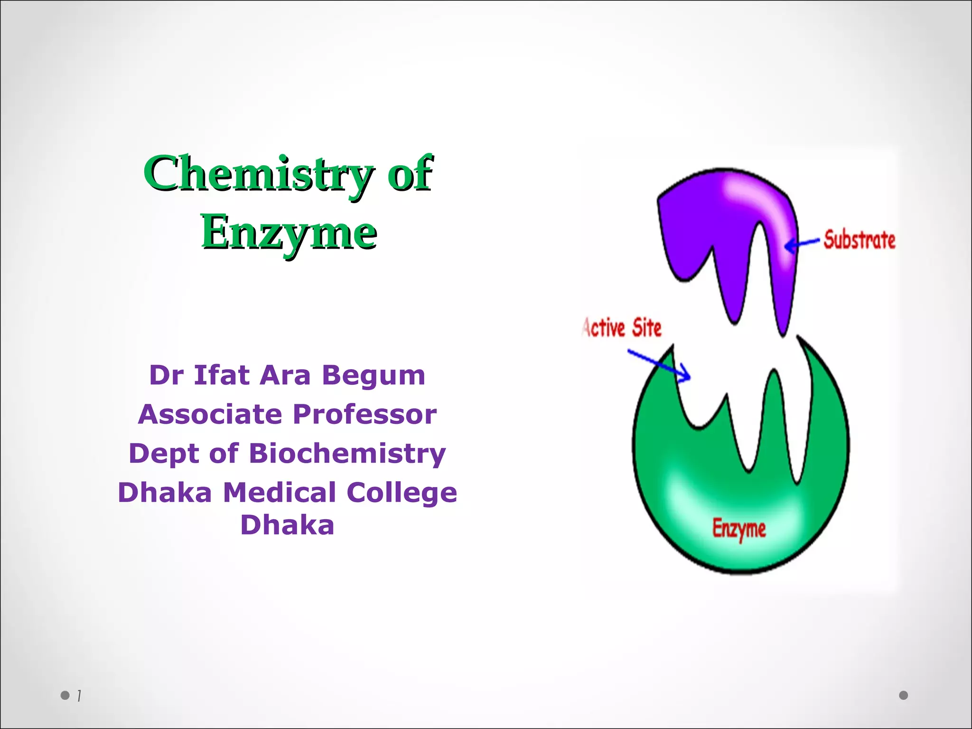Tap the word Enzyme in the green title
(x=289, y=233)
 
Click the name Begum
(x=374, y=375)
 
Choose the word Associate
(x=210, y=414)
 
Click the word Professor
(x=364, y=414)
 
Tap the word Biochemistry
(x=347, y=453)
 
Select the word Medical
(x=280, y=492)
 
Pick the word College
(x=402, y=493)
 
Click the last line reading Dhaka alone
(x=287, y=525)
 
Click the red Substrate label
(x=860, y=240)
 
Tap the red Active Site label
(x=622, y=328)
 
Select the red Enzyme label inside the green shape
(x=739, y=529)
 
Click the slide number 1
(x=79, y=696)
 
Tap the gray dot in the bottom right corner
(x=904, y=695)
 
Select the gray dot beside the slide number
(x=65, y=695)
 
